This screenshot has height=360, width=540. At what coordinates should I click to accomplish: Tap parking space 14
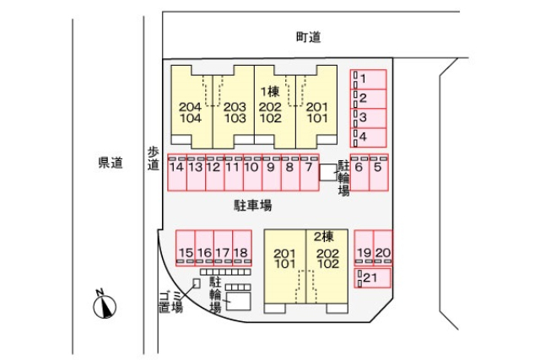pos(176,169)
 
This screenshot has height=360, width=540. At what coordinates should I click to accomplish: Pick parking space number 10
pos(251,169)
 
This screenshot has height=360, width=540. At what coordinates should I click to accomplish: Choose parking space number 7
pos(308,169)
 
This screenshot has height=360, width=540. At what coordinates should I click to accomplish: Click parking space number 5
pos(377,169)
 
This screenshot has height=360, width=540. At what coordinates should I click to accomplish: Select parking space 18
pos(241,250)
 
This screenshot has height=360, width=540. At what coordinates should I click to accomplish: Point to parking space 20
pos(383,250)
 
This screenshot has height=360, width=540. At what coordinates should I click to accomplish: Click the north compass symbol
pos(105,304)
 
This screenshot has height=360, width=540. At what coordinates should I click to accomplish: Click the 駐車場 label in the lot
pos(252,205)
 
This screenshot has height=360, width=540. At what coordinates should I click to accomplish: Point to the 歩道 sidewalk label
pos(153,159)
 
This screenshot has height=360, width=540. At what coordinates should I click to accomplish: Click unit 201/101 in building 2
pos(285,260)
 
